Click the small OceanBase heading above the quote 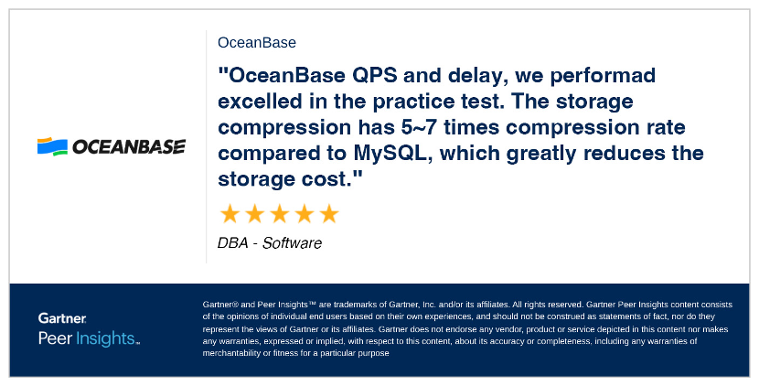(x=257, y=43)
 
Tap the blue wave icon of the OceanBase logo (x=52, y=146)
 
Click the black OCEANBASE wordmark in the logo (x=129, y=146)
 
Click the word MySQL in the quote (x=392, y=154)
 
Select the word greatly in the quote (x=541, y=154)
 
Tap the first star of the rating (x=230, y=214)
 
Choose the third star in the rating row (x=279, y=214)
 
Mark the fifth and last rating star (x=329, y=214)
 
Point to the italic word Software (x=292, y=242)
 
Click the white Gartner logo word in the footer (x=62, y=318)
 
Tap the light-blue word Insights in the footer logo (x=104, y=338)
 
